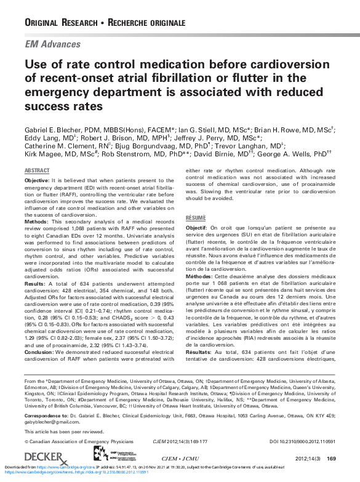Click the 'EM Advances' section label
coord(52,44)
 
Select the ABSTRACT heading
coord(37,170)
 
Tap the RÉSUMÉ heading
coord(196,218)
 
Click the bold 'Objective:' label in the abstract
coord(37,180)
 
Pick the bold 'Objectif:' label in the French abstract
coord(197,227)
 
